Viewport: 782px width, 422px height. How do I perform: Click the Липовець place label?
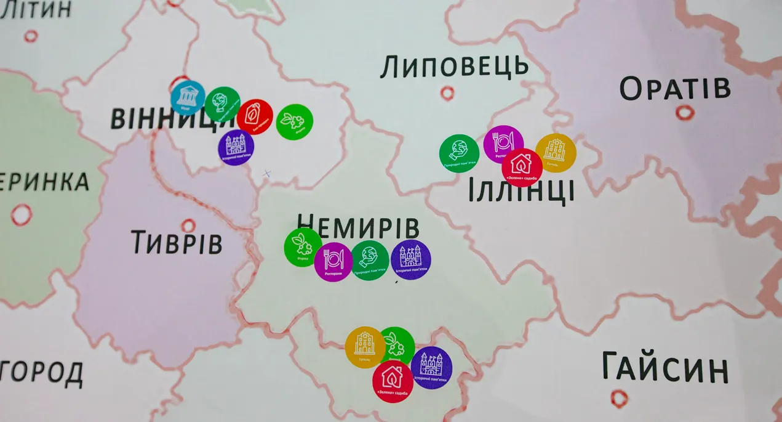click(x=454, y=67)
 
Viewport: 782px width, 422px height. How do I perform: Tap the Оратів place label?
click(x=675, y=89)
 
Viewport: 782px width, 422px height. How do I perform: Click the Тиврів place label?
click(x=176, y=243)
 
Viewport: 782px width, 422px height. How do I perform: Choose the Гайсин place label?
click(x=665, y=368)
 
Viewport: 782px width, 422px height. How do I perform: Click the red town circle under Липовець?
click(x=447, y=93)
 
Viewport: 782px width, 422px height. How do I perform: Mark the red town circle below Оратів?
click(x=685, y=112)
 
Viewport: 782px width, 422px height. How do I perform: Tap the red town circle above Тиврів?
click(x=188, y=225)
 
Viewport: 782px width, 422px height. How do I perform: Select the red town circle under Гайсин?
click(x=620, y=398)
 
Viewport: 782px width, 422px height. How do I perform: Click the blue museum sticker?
click(x=188, y=97)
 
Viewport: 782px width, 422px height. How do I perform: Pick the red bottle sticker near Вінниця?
click(x=255, y=116)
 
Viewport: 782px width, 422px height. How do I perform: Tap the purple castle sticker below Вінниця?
click(x=236, y=147)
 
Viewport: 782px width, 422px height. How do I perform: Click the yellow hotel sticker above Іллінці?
click(x=556, y=152)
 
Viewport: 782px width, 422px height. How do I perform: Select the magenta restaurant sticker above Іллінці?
click(x=503, y=144)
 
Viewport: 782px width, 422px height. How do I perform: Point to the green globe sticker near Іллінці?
click(x=459, y=153)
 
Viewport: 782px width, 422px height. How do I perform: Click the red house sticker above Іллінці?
click(x=522, y=167)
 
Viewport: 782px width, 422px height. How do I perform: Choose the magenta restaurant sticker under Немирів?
click(x=333, y=261)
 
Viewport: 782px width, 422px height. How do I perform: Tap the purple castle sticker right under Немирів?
click(x=410, y=259)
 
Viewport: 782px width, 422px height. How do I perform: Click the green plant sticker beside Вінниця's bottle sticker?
click(x=295, y=121)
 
